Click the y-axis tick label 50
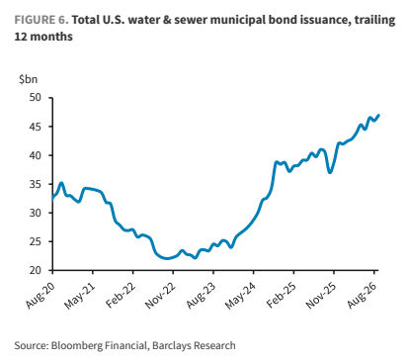36,98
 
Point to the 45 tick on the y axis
36,127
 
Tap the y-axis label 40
36,155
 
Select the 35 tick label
36,184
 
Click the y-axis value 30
36,213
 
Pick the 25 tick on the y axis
36,241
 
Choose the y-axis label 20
36,270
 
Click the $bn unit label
29,79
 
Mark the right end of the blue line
379,115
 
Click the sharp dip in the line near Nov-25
330,172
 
